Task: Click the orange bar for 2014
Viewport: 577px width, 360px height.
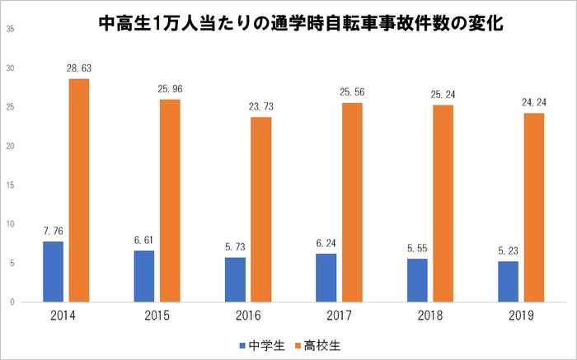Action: pos(78,190)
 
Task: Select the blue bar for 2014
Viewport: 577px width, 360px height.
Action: pos(53,271)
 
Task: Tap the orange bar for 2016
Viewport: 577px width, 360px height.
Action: pos(260,209)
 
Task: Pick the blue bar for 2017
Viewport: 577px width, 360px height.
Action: pos(326,278)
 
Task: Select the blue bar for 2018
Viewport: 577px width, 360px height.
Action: pos(417,280)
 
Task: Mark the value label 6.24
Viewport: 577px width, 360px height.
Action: pos(326,245)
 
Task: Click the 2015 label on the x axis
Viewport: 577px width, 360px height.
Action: pos(157,316)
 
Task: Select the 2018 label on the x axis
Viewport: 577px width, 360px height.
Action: pos(429,316)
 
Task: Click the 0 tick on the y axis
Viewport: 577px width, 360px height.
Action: pos(12,302)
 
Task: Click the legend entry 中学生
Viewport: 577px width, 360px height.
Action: pos(263,347)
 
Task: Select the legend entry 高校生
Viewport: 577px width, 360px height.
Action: pos(320,347)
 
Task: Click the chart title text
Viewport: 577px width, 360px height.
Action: pos(301,24)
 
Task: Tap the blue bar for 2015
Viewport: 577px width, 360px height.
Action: pos(143,276)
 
